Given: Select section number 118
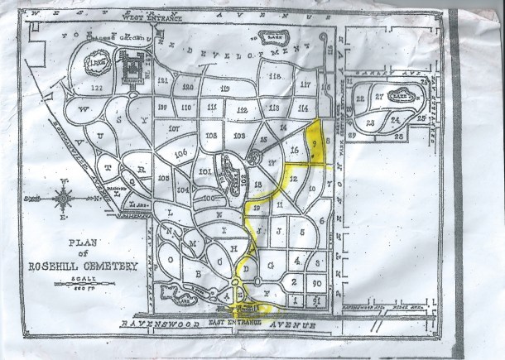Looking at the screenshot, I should tap(275, 77).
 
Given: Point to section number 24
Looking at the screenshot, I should tap(397, 120).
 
